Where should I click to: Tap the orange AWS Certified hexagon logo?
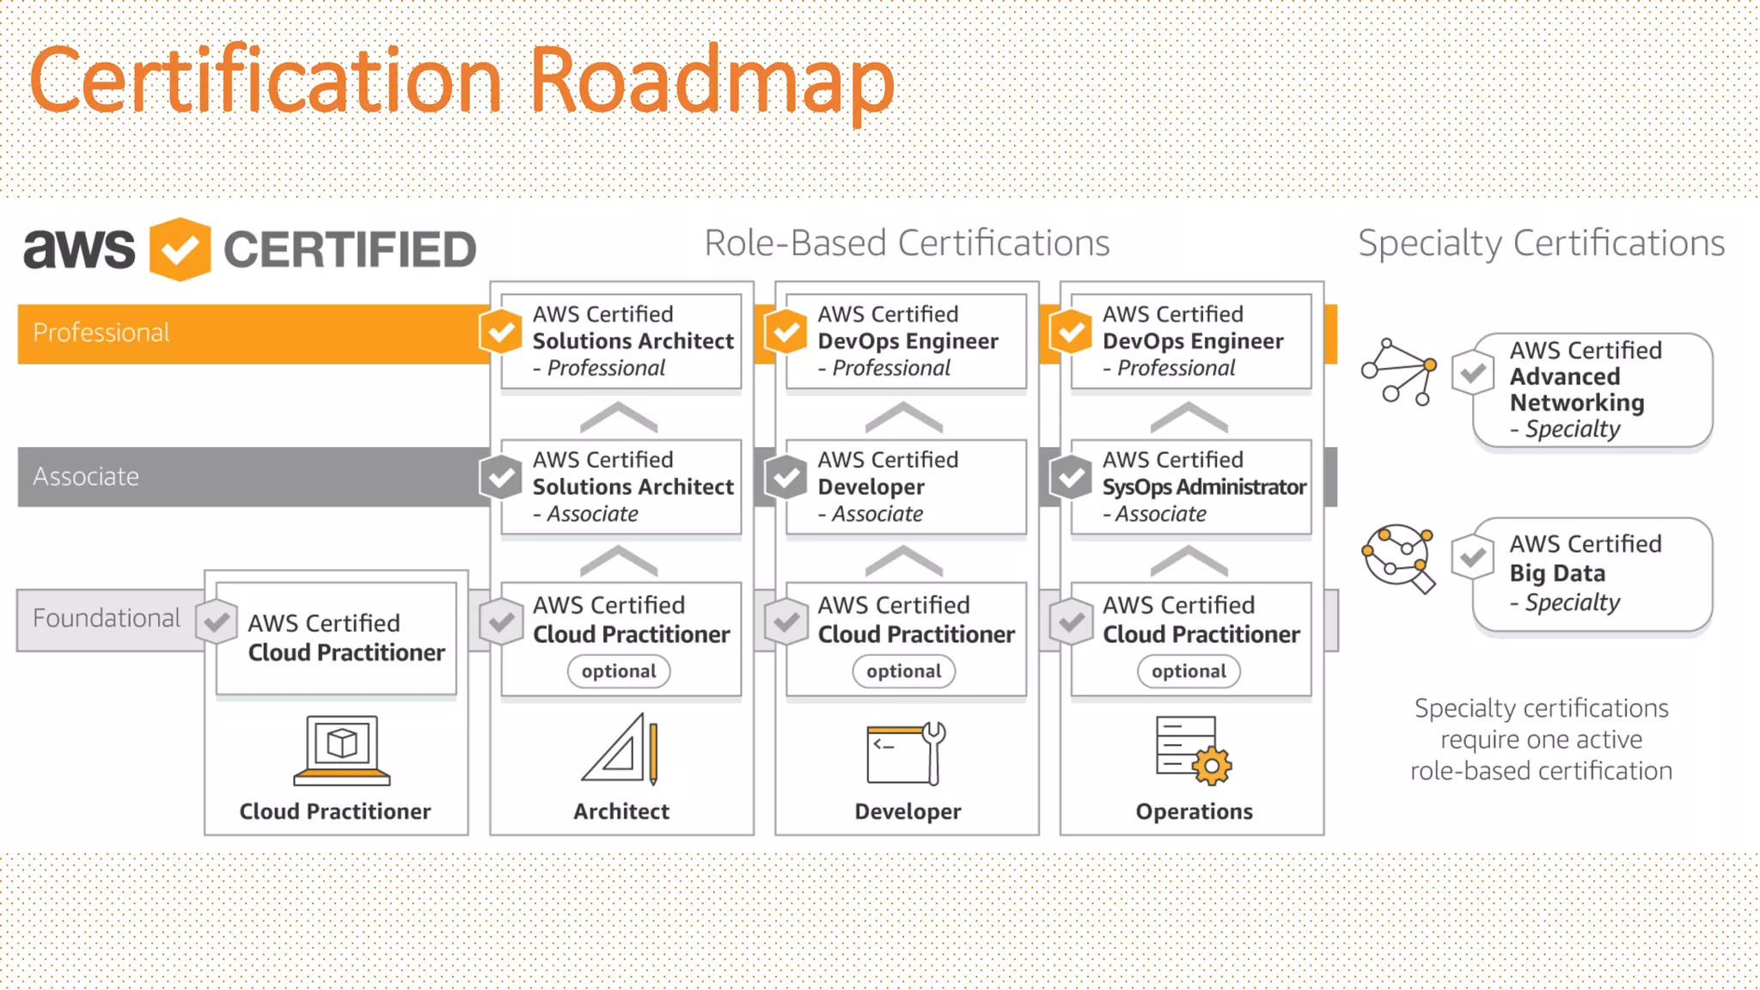[180, 249]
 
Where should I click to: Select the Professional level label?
[101, 333]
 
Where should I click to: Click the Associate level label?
[86, 476]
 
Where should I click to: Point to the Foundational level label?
[107, 618]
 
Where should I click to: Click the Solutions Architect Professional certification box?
[621, 341]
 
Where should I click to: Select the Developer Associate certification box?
[906, 486]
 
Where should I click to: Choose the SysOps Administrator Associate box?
[1191, 486]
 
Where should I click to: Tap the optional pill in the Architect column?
[619, 671]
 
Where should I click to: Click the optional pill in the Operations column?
[1189, 671]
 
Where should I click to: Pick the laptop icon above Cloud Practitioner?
[342, 749]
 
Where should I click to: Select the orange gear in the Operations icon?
[1212, 765]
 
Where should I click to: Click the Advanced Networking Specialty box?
[1592, 390]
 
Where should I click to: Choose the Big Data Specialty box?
[1592, 574]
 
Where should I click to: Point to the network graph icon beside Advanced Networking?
[1399, 371]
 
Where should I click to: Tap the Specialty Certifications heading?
[1541, 243]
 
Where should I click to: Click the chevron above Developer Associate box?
[904, 418]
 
